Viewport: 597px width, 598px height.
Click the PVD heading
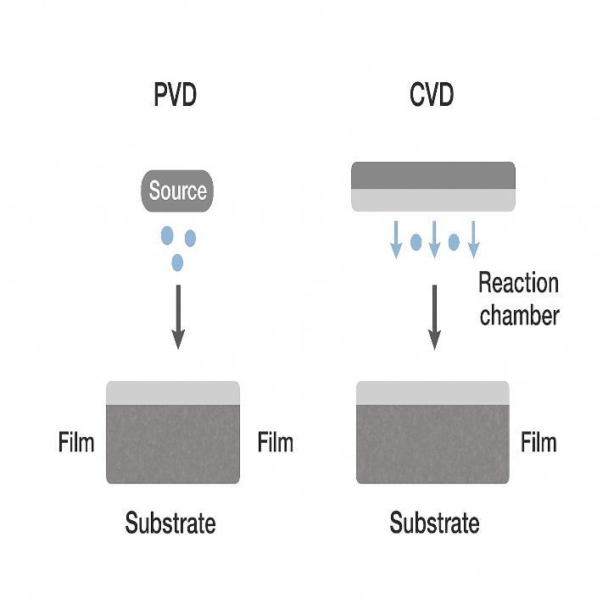[175, 95]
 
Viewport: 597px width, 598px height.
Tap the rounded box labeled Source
[178, 191]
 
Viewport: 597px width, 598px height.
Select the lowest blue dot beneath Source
[176, 263]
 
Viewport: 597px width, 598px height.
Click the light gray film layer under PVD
[173, 393]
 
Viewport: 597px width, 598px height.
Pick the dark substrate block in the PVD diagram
[173, 444]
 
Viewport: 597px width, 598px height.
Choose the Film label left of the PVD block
[76, 442]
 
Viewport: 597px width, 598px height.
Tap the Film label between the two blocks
[275, 442]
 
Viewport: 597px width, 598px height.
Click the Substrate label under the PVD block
[170, 523]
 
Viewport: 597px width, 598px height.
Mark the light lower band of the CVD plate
[432, 199]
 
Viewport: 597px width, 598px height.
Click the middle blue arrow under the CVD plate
[434, 238]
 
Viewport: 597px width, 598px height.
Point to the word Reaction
[518, 282]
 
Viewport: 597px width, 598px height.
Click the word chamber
[520, 315]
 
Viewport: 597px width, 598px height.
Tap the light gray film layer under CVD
[432, 393]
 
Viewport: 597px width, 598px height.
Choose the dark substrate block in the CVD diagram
[432, 444]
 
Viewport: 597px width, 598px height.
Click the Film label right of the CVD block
[538, 442]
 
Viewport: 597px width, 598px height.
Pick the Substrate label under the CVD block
[434, 523]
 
